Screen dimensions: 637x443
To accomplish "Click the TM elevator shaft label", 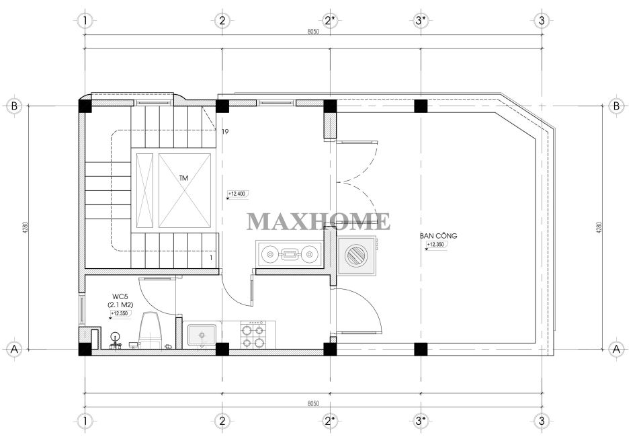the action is pos(183,178).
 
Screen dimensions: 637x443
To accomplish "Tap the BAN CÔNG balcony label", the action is pos(438,236).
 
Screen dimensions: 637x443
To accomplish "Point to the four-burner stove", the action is pos(252,335).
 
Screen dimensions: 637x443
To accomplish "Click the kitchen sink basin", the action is pos(202,335).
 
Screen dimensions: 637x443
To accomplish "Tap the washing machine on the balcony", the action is pos(356,255).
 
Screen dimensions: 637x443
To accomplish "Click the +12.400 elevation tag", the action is pos(238,194).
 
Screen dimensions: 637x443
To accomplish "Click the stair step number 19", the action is pos(226,132).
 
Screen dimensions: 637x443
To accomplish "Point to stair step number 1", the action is pos(211,257).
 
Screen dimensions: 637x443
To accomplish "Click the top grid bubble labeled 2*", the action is pos(331,20).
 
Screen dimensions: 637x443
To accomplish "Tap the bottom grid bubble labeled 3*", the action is pos(421,420).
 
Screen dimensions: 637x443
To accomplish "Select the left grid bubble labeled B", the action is pos(15,106).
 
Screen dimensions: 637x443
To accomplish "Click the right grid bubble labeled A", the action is pos(616,349).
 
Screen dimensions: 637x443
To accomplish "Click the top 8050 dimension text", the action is pos(314,32).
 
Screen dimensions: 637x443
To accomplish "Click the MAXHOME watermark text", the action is pos(318,222).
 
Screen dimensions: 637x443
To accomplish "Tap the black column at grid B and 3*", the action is pos(421,106).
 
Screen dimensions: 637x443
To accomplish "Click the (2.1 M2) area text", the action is pos(121,305).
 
